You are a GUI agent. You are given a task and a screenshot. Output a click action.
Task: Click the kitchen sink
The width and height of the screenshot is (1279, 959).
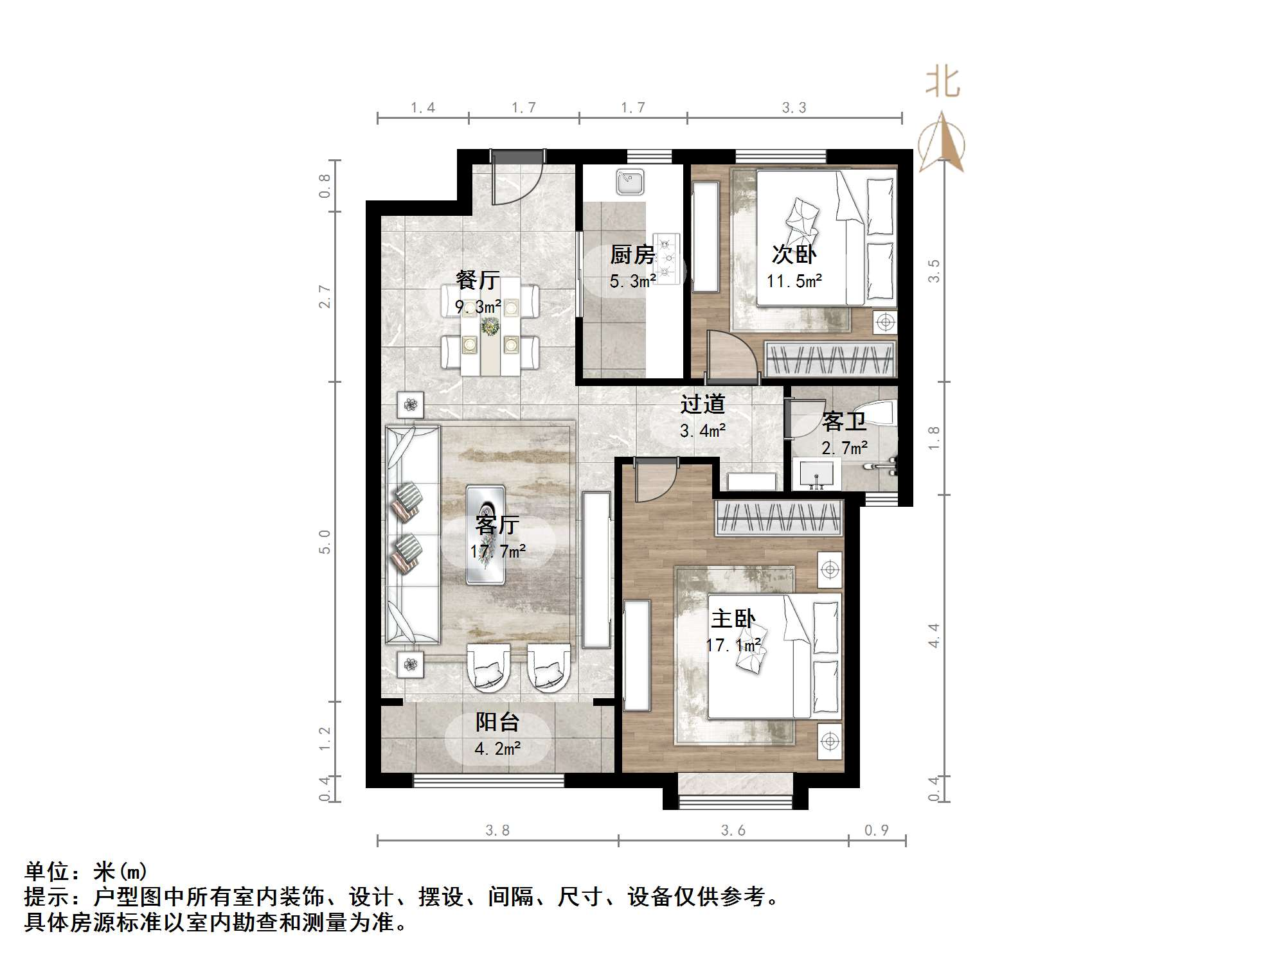pyautogui.click(x=630, y=181)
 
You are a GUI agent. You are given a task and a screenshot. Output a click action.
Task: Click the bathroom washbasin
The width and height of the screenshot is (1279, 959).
pyautogui.click(x=816, y=473)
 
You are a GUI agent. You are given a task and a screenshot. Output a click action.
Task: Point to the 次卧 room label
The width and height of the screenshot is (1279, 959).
pyautogui.click(x=794, y=254)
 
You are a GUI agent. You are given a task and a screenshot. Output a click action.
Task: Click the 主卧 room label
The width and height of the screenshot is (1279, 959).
pyautogui.click(x=733, y=619)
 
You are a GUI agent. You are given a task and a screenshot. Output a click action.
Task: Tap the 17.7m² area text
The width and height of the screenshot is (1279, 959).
pyautogui.click(x=498, y=551)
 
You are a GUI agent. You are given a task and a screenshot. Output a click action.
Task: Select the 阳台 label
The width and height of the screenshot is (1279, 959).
pyautogui.click(x=497, y=722)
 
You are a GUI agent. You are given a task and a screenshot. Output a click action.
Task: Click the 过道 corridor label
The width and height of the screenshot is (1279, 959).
pyautogui.click(x=702, y=404)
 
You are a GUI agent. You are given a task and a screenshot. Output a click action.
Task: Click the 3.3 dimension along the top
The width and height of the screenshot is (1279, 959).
pyautogui.click(x=794, y=108)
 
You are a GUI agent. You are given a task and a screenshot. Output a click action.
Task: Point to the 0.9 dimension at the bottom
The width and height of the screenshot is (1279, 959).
pyautogui.click(x=876, y=831)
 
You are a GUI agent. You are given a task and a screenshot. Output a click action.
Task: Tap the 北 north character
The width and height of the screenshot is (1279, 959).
pyautogui.click(x=943, y=83)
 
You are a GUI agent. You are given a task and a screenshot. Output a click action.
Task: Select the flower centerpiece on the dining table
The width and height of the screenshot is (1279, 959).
pyautogui.click(x=490, y=326)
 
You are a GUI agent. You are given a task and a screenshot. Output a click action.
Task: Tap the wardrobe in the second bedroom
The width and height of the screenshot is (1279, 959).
pyautogui.click(x=830, y=359)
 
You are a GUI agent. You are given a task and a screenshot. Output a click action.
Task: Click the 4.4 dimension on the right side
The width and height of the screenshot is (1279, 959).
pyautogui.click(x=935, y=635)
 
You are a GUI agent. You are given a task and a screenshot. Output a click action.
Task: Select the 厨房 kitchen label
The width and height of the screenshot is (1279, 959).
pyautogui.click(x=632, y=255)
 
